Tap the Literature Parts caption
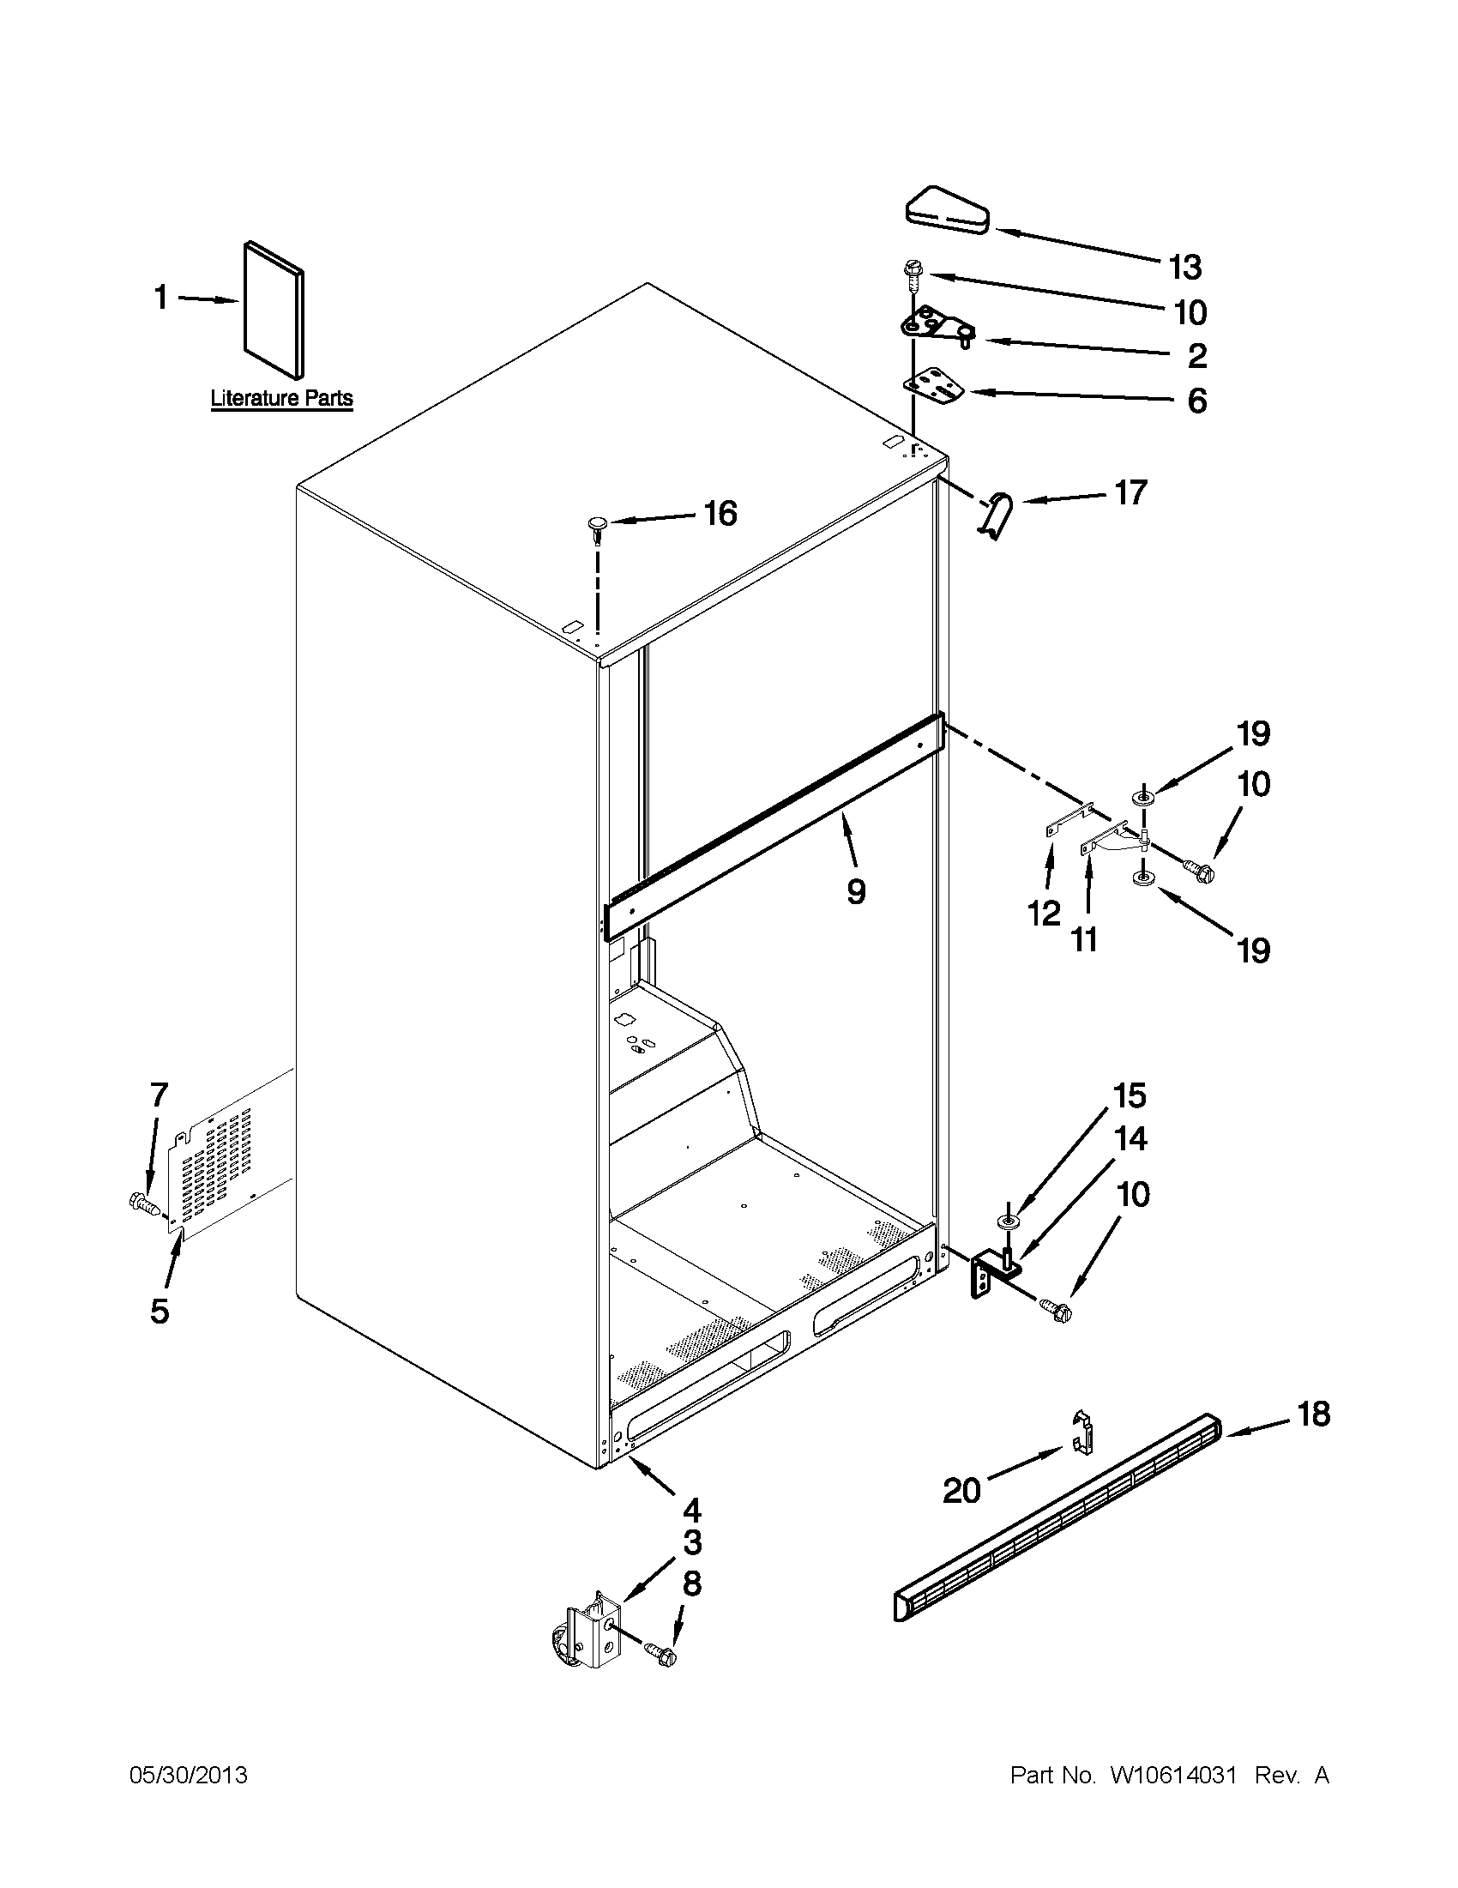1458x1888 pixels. tap(282, 399)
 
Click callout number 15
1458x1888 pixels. tap(1130, 1096)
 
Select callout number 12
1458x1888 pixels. tap(1044, 913)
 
